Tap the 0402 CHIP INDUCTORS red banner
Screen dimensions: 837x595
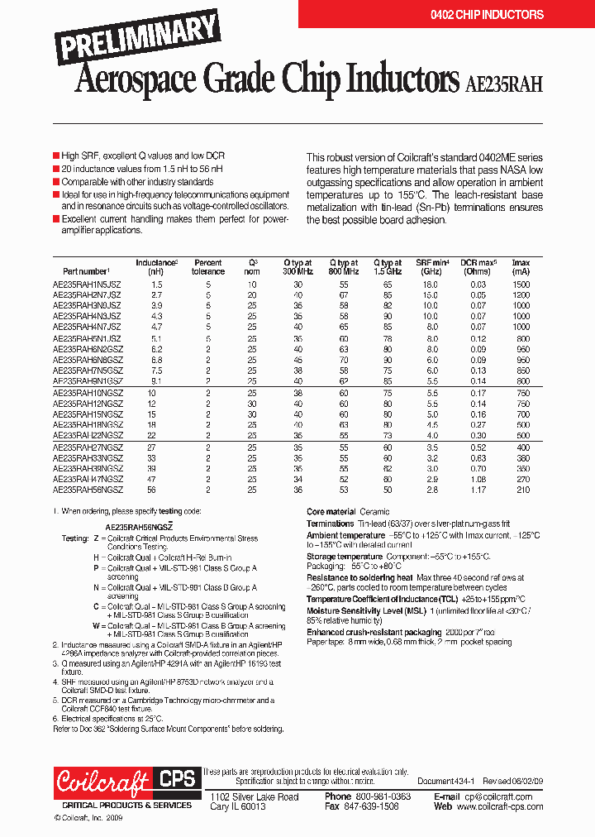pos(487,15)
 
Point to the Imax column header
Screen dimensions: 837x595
pos(521,266)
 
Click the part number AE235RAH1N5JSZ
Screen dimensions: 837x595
pos(87,284)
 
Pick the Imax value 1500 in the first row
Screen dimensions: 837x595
pos(521,284)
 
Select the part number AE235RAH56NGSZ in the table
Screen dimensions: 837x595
pos(88,490)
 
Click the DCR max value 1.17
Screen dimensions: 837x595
pos(478,490)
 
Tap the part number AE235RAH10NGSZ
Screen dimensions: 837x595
pos(88,393)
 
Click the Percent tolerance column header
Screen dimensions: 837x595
pos(208,266)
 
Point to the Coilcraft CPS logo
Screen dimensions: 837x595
pos(123,782)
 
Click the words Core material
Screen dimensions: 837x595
pos(331,512)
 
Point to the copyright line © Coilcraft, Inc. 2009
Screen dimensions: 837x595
pos(88,817)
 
